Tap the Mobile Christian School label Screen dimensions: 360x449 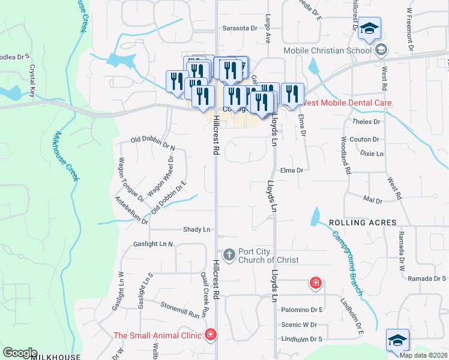tap(327, 51)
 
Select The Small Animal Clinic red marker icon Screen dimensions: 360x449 tap(210, 335)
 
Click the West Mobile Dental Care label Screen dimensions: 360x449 tap(346, 103)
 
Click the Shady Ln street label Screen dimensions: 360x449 tap(197, 230)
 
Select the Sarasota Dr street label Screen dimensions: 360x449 tap(240, 28)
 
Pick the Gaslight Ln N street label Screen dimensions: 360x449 tap(153, 244)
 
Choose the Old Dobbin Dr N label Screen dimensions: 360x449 tap(153, 143)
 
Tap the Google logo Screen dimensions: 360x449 tap(20, 353)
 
